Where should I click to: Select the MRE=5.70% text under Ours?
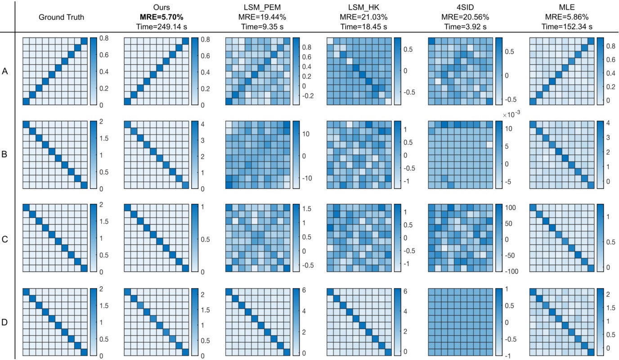[162, 18]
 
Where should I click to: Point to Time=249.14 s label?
[162, 27]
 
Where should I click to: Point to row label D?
[5, 322]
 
